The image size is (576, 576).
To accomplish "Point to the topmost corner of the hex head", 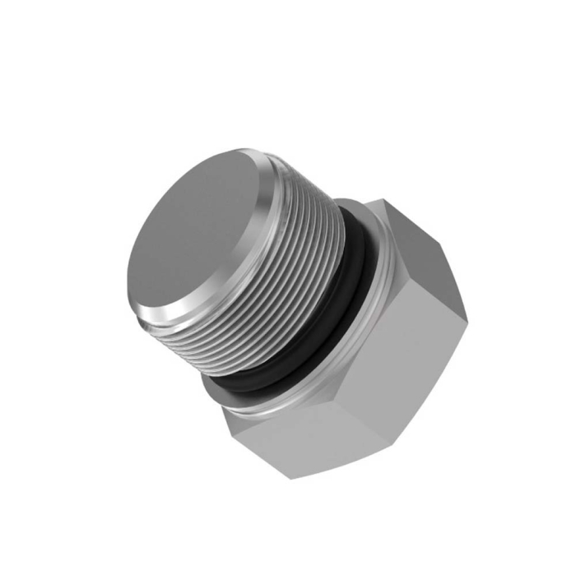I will pos(375,198).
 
